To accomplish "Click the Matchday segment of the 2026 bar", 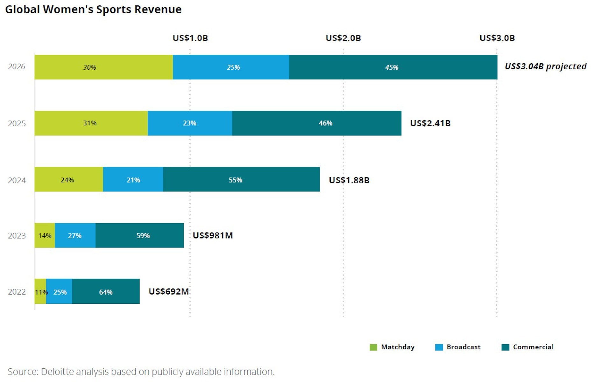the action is point(103,67).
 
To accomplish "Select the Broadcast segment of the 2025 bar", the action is point(190,123).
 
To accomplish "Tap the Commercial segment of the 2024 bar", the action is point(241,179).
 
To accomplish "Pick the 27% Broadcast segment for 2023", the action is point(75,235).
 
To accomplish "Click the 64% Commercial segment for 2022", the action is point(106,291).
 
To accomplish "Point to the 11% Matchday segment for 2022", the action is point(40,291).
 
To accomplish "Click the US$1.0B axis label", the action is point(190,38).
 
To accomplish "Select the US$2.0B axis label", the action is point(343,38).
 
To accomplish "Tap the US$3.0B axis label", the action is point(497,38).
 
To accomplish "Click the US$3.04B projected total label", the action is point(545,66).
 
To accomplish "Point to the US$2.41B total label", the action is point(430,123).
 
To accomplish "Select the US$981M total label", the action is point(213,235).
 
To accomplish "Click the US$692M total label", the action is point(169,291).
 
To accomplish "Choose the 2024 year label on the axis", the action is point(17,180).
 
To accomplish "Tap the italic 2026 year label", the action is point(17,66).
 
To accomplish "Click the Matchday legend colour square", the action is point(373,347).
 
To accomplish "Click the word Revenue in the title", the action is point(158,9).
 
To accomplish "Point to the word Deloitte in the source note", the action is point(57,371).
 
